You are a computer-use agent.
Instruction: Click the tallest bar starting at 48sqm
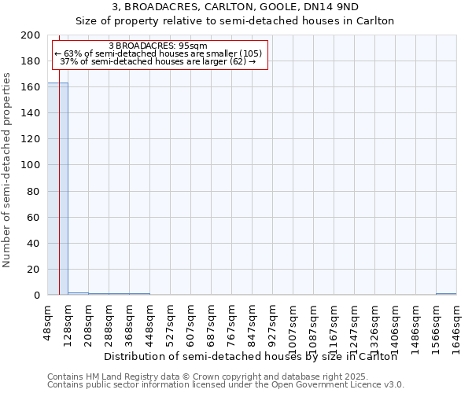coord(57,189)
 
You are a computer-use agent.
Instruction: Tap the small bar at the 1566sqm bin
coord(446,294)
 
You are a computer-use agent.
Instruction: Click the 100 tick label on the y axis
coord(31,165)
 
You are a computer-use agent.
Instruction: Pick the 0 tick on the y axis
coord(36,296)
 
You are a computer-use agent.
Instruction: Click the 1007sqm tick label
coord(293,321)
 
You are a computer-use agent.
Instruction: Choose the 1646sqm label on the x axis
coord(457,321)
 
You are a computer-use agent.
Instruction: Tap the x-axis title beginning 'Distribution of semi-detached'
coord(250,357)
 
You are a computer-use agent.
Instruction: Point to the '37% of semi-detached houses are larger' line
coord(158,61)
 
